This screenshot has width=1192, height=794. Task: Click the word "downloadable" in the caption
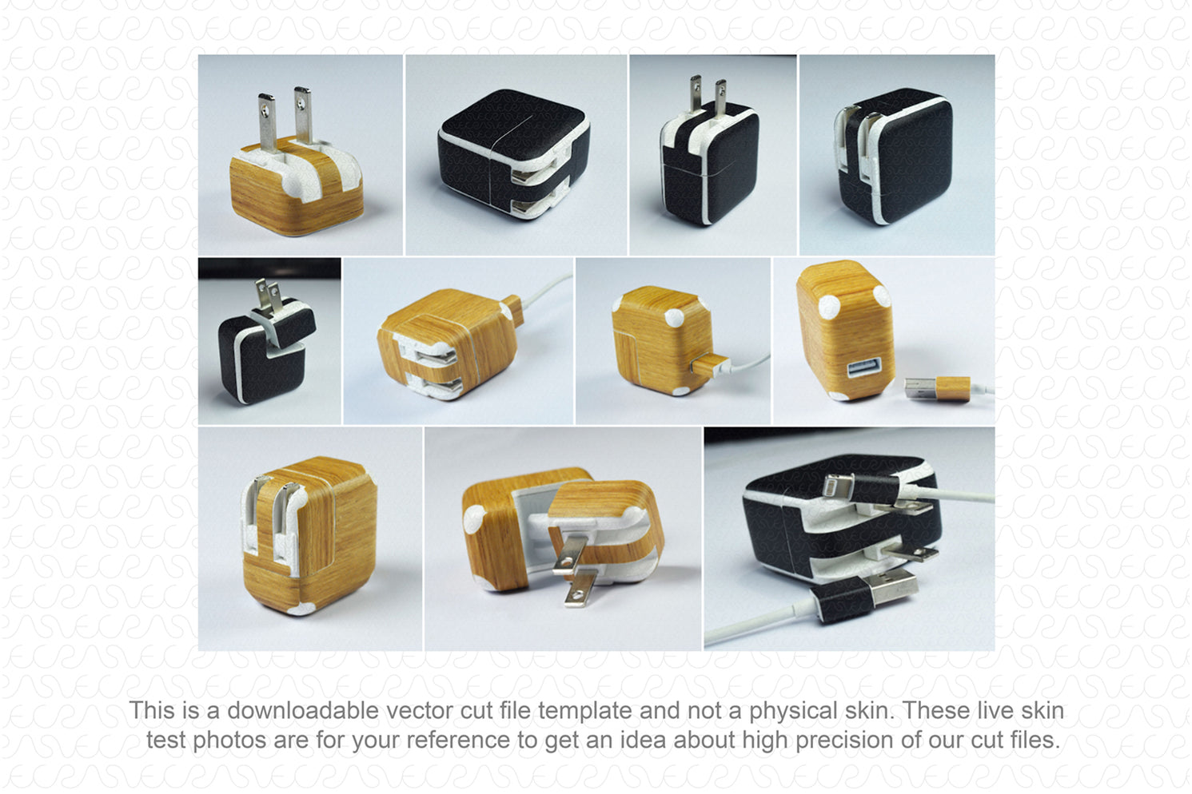(x=303, y=711)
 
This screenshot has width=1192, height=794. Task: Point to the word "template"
(x=585, y=712)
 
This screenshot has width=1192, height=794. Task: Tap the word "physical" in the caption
(x=793, y=712)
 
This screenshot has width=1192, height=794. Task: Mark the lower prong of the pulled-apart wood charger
(x=578, y=589)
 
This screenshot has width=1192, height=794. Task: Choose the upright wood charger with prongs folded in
(x=309, y=535)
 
